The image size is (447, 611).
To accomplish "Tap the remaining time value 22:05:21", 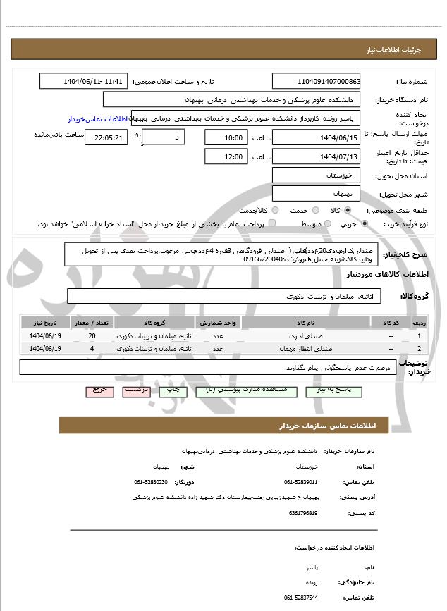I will click(106, 137).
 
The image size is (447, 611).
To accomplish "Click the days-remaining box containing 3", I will click(164, 137).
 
